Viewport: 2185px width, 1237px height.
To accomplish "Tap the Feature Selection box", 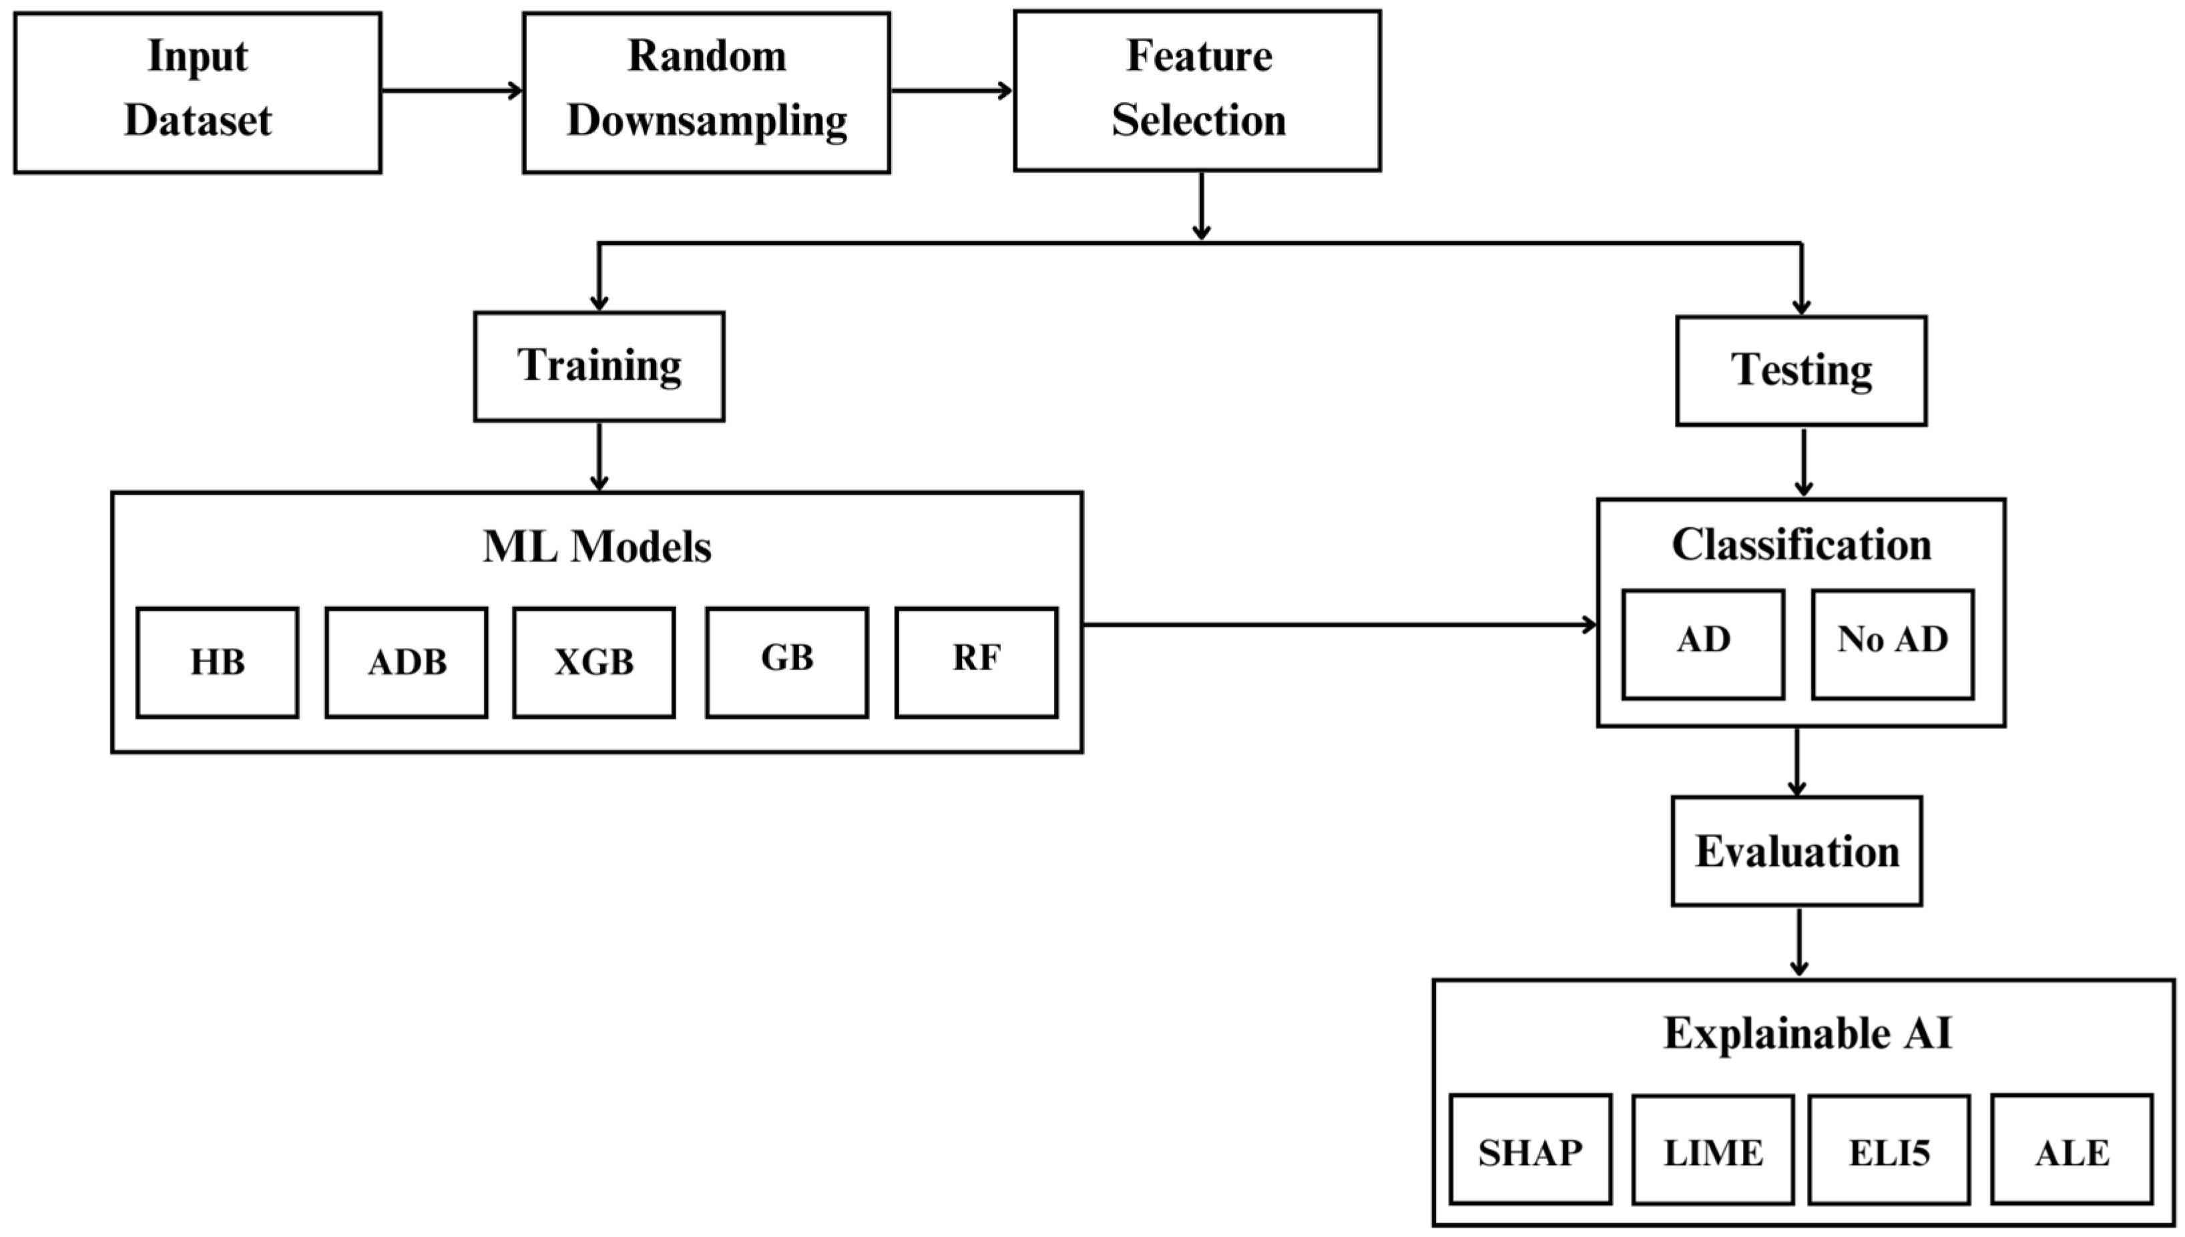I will pyautogui.click(x=1197, y=90).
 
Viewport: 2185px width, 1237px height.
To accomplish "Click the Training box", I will pyautogui.click(x=599, y=366).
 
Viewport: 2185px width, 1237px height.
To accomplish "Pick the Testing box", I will pyautogui.click(x=1801, y=370).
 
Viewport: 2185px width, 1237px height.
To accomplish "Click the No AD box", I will pyautogui.click(x=1892, y=644).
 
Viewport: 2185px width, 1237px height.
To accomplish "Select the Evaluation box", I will pyautogui.click(x=1796, y=850).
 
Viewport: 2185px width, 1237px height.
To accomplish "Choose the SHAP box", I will pyautogui.click(x=1530, y=1149).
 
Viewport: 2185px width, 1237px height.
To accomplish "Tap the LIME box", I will pyautogui.click(x=1712, y=1149).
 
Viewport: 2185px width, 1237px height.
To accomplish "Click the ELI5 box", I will pyautogui.click(x=1889, y=1149).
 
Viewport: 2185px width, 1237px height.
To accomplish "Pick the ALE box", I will pyautogui.click(x=2071, y=1149).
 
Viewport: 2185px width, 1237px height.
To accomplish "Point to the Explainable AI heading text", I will pyautogui.click(x=1807, y=1033).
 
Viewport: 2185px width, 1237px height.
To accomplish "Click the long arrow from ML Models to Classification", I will pyautogui.click(x=1338, y=624).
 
